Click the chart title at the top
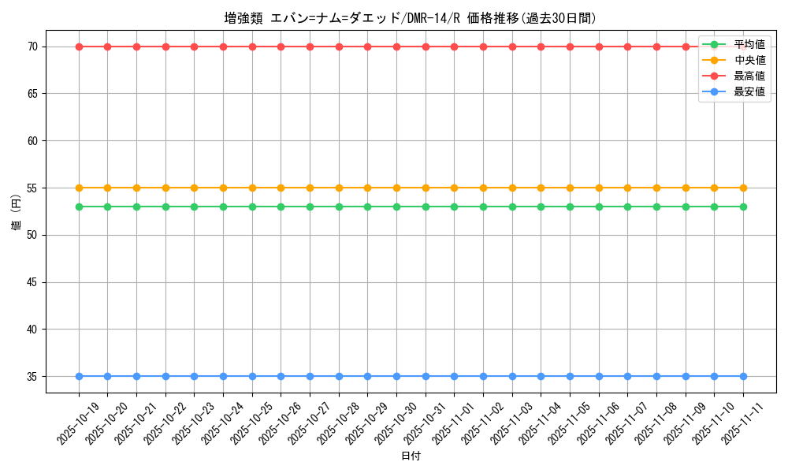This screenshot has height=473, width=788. [410, 18]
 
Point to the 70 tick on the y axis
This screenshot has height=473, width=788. [33, 47]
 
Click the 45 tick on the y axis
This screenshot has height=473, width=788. [33, 282]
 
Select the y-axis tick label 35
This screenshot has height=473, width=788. [33, 377]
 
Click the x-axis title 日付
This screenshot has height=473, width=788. [411, 456]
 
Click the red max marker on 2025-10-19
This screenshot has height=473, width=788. [79, 47]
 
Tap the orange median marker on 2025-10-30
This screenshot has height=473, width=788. [396, 188]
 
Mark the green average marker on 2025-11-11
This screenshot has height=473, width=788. [743, 207]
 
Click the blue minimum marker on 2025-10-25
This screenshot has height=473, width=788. [252, 377]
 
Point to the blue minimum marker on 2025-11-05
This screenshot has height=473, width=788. [570, 377]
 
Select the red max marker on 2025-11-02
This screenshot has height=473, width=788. [483, 47]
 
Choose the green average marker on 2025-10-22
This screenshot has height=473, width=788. [165, 207]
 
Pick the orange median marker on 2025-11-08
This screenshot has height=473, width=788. [656, 188]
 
